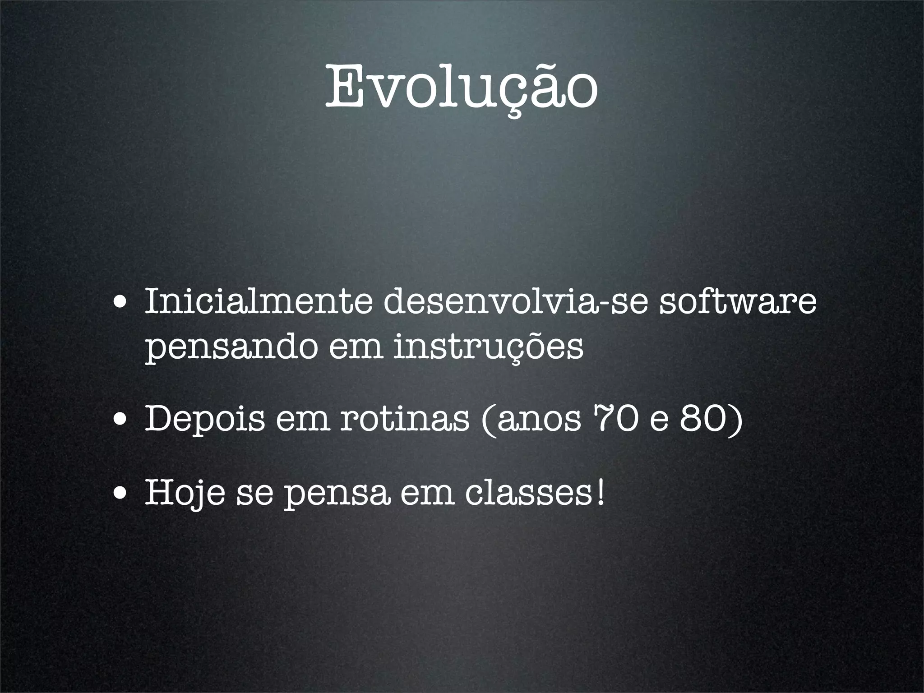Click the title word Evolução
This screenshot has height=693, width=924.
pyautogui.click(x=462, y=88)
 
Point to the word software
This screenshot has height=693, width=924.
pyautogui.click(x=738, y=303)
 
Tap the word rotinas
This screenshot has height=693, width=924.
pyautogui.click(x=404, y=420)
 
